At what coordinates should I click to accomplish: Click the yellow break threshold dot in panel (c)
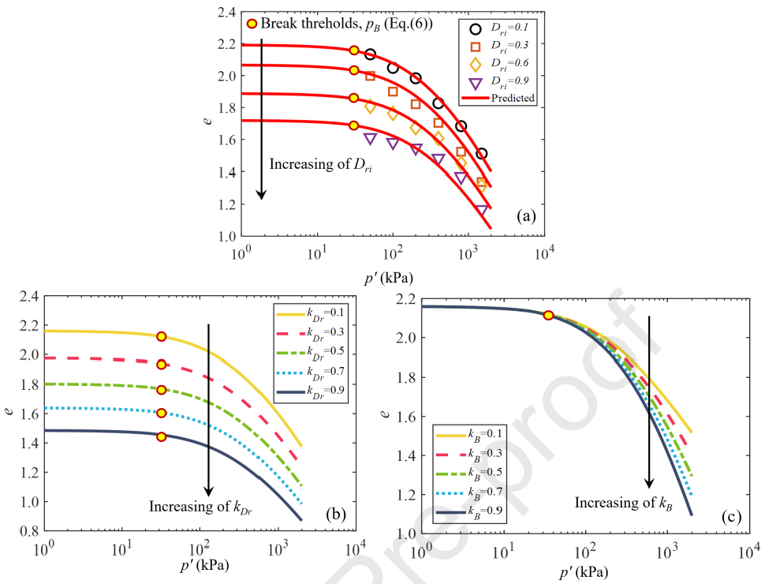coord(549,315)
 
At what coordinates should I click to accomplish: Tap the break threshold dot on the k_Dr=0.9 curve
coord(162,436)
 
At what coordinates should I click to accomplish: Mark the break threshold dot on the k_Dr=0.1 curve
coord(162,336)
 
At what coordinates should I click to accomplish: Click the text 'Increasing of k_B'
coord(621,503)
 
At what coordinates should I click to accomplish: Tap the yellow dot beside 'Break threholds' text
coord(252,24)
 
